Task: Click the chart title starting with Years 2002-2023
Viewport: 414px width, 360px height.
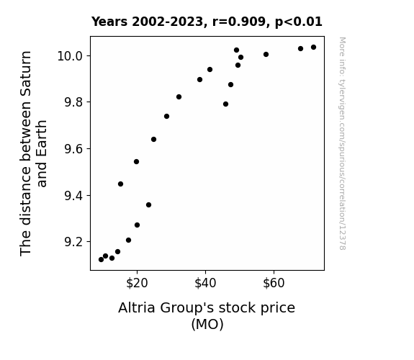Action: tap(207, 22)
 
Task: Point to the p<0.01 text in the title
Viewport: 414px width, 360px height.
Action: tap(299, 22)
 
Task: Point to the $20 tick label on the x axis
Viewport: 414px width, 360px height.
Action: tap(137, 283)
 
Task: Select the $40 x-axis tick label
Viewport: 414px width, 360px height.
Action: tap(205, 283)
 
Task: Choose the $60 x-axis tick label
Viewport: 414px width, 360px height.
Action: tap(274, 283)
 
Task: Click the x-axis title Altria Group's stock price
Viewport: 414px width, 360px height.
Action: tap(207, 308)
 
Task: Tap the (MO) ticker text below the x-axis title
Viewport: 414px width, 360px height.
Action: tap(207, 324)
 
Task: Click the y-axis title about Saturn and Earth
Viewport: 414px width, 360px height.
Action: tap(33, 153)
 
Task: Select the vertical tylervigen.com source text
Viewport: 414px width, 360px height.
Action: tap(342, 143)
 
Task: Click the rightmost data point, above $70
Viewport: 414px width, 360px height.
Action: tap(313, 48)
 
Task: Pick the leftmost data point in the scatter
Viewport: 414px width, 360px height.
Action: tap(101, 260)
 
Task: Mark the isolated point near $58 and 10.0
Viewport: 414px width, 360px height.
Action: tap(266, 55)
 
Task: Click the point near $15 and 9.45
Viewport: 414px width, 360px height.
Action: tap(120, 184)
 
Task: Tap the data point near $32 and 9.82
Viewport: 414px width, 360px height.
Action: tap(179, 97)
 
